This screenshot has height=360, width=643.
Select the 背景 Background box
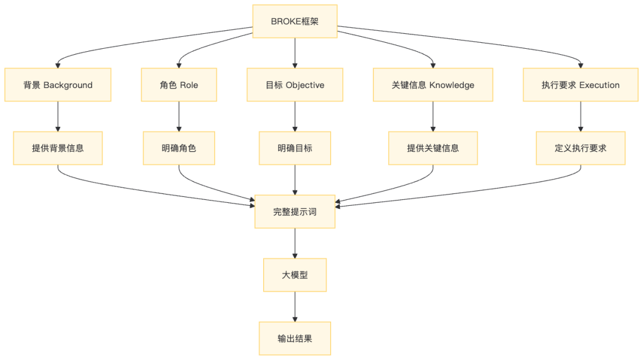(x=58, y=85)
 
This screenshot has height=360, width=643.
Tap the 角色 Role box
(x=179, y=85)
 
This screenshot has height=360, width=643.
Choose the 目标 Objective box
(x=295, y=85)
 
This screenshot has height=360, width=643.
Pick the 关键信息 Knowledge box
(x=433, y=85)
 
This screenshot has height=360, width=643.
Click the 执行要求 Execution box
(x=580, y=85)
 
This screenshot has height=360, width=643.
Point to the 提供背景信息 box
(x=58, y=148)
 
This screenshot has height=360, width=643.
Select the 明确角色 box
(x=179, y=148)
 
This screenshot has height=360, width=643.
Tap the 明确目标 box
(x=295, y=148)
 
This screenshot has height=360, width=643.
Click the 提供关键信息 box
(x=433, y=148)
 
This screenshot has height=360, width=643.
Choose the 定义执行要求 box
(x=580, y=148)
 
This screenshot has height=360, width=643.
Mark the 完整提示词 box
(x=295, y=211)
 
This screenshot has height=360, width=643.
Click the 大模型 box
(x=295, y=275)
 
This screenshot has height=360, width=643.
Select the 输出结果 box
(x=295, y=339)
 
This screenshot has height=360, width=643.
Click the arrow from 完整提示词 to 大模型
(x=295, y=243)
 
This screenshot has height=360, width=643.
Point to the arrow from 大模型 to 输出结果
(x=295, y=306)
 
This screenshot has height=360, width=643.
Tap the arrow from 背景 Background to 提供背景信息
(x=58, y=117)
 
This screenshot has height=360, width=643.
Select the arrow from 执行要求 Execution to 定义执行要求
(x=580, y=117)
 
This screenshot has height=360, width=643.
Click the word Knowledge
(x=452, y=85)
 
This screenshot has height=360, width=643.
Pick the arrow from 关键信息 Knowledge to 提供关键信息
(x=433, y=117)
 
